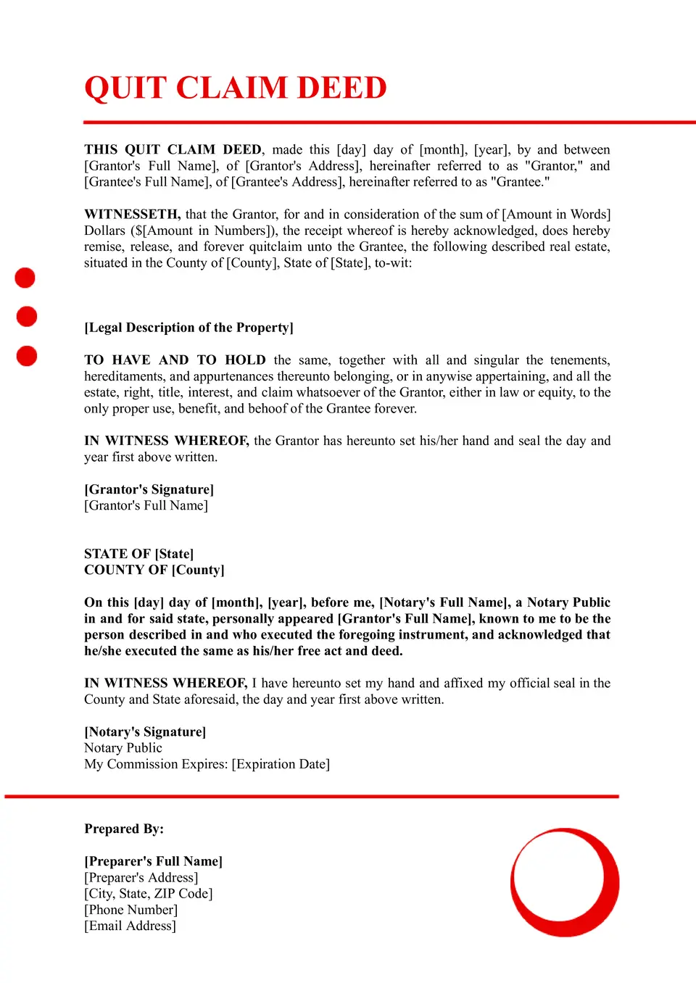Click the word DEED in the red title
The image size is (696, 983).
pyautogui.click(x=341, y=88)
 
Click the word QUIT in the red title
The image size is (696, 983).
pyautogui.click(x=125, y=88)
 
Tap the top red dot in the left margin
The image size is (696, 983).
pyautogui.click(x=25, y=278)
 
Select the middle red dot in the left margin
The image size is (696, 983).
pyautogui.click(x=27, y=317)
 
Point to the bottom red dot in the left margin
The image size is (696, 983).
pyautogui.click(x=27, y=356)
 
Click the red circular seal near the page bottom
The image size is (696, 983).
pyautogui.click(x=565, y=882)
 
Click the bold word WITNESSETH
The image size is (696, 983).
pyautogui.click(x=132, y=215)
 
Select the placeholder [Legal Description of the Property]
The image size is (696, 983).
pyautogui.click(x=188, y=328)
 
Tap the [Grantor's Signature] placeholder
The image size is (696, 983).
pyautogui.click(x=149, y=490)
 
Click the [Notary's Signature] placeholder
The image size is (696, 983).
pyautogui.click(x=145, y=732)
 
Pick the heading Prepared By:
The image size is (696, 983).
pyautogui.click(x=124, y=829)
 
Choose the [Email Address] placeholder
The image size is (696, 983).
pyautogui.click(x=130, y=926)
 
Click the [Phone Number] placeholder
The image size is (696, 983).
pyautogui.click(x=130, y=910)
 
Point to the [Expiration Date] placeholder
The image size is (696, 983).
pyautogui.click(x=281, y=764)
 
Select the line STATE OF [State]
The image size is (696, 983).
pyautogui.click(x=138, y=554)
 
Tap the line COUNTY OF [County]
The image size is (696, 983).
pyautogui.click(x=154, y=570)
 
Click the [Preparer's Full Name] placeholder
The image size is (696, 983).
pyautogui.click(x=153, y=861)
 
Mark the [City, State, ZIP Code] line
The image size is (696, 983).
pyautogui.click(x=148, y=894)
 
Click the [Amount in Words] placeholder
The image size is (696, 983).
pyautogui.click(x=556, y=215)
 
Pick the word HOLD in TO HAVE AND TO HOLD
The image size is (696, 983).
pyautogui.click(x=245, y=360)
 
